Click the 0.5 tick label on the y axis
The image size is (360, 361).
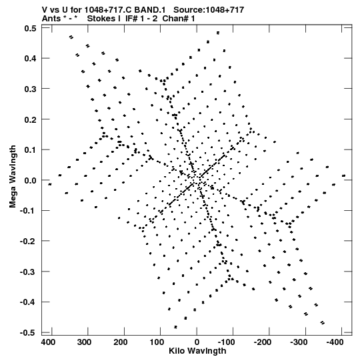pos(31,28)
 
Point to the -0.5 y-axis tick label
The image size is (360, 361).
pos(28,333)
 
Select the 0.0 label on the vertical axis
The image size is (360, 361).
pos(31,180)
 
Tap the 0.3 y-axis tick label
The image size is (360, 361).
pos(31,89)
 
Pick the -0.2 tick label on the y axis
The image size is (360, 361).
pos(28,242)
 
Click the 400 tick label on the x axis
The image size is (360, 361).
pos(48,342)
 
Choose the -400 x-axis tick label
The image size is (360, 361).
pos(335,342)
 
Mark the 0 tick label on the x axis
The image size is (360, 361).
pos(197,342)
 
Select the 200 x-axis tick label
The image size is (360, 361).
pos(121,342)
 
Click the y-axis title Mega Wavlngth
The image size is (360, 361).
pos(13,177)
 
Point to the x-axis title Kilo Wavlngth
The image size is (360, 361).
pos(197,351)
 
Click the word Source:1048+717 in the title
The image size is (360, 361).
pos(209,10)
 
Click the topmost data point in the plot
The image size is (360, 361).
pos(218,33)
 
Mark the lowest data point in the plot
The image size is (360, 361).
pos(176,327)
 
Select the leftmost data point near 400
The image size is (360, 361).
pos(50,184)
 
